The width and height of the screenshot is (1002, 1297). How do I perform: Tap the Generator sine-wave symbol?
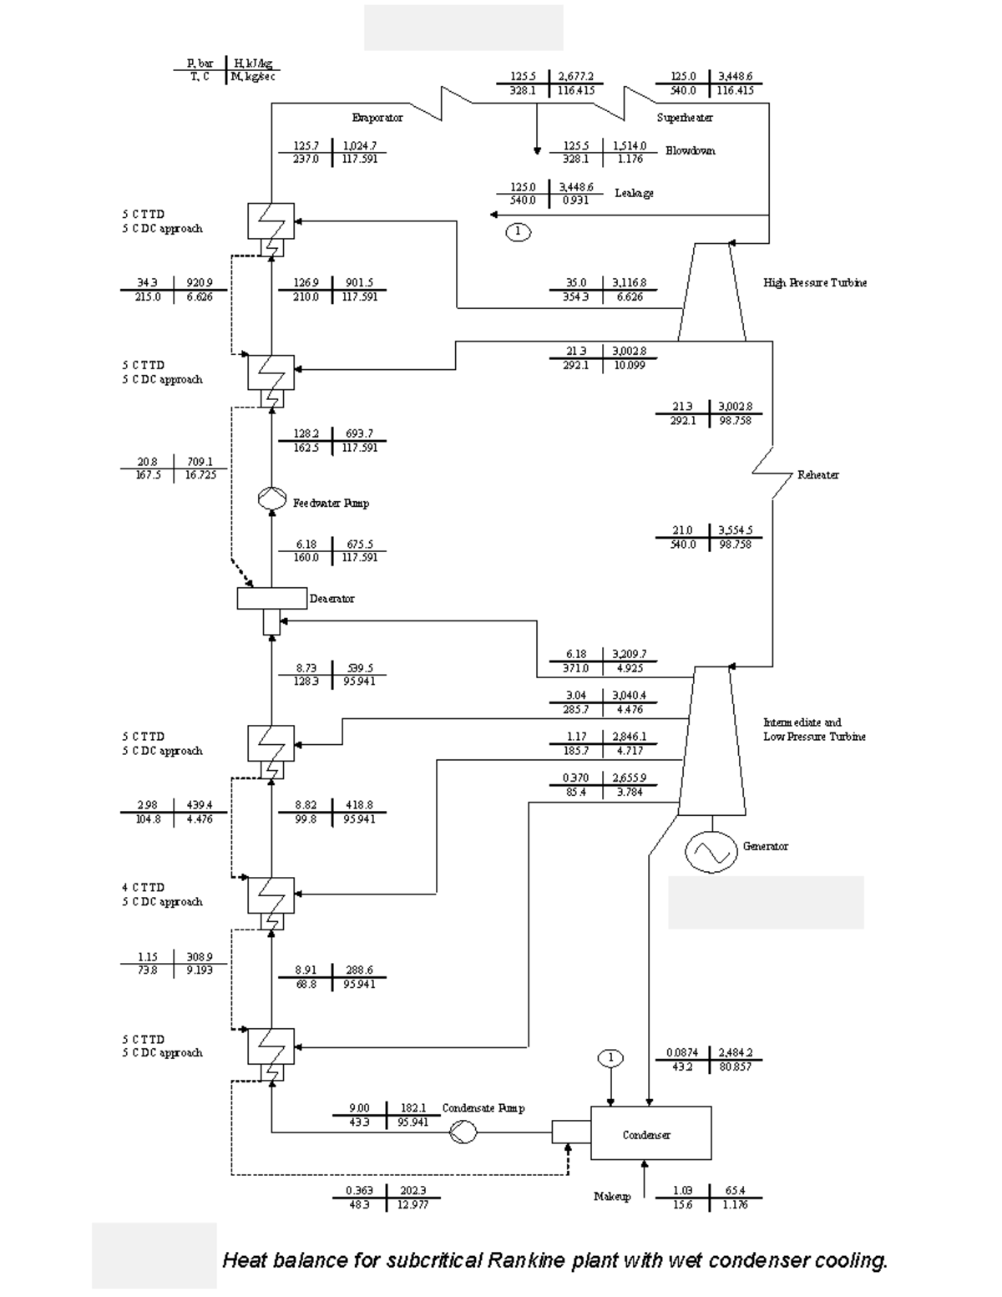point(711,851)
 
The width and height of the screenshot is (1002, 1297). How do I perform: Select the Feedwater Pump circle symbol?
point(271,499)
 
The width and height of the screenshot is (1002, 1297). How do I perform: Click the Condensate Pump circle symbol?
point(463,1132)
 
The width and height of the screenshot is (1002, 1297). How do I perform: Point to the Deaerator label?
point(331,599)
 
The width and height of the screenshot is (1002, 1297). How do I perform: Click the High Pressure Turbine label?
point(814,283)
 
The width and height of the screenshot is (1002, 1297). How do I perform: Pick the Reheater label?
point(817,475)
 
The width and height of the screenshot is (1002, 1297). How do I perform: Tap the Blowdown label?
point(690,151)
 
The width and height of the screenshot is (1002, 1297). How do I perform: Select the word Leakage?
point(634,193)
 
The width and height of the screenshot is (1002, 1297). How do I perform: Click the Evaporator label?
point(377,118)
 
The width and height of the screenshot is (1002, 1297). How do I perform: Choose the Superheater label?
point(684,118)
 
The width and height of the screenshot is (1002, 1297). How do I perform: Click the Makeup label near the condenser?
point(611,1197)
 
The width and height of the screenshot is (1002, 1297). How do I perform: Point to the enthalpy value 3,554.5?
point(735,530)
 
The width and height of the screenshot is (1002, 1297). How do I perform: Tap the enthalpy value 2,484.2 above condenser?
point(735,1053)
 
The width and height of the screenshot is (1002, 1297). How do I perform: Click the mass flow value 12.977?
point(412,1204)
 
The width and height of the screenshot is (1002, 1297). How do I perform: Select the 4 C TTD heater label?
point(143,888)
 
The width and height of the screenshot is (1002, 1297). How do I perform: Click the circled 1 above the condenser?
point(610,1058)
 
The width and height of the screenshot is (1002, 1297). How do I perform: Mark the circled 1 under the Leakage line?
point(518,232)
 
